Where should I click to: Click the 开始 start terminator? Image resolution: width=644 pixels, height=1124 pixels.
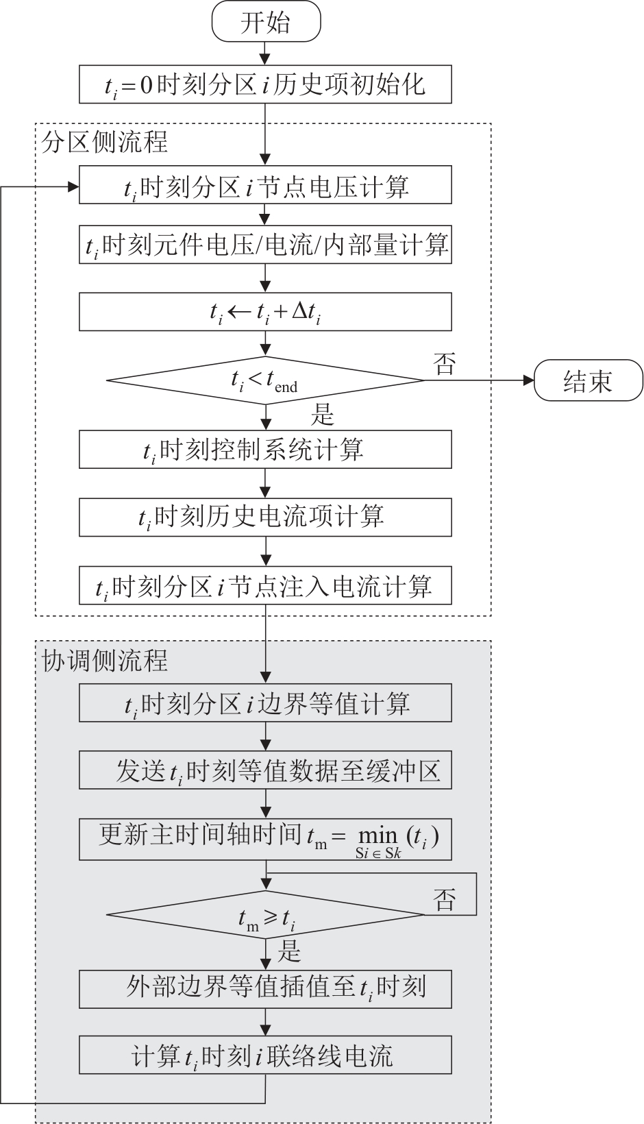point(266,23)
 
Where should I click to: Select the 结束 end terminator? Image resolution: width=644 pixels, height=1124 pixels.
point(589,382)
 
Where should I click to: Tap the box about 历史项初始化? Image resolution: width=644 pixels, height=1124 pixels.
point(266,84)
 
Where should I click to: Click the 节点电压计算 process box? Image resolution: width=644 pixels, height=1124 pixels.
point(266,185)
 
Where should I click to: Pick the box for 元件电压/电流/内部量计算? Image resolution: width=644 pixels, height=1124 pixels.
point(266,245)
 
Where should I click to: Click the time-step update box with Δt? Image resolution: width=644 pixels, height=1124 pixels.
point(266,312)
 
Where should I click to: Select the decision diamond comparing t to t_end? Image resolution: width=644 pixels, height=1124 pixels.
point(266,380)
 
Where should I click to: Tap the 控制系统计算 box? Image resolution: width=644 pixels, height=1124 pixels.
point(266,450)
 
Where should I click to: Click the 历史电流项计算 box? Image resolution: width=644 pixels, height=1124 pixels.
point(266,517)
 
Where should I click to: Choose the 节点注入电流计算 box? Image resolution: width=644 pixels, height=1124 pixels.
point(266,585)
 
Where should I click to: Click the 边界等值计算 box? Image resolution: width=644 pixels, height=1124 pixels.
point(266,703)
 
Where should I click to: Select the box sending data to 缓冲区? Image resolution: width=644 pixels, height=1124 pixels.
point(266,770)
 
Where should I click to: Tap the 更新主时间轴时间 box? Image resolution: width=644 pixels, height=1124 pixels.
point(266,838)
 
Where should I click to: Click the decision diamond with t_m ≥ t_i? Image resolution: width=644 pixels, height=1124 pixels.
point(266,916)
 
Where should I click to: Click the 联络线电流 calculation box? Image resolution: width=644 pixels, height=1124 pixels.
point(266,1055)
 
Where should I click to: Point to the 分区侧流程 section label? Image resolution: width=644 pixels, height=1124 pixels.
point(104,143)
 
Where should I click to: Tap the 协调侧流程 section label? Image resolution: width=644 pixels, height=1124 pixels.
point(104,660)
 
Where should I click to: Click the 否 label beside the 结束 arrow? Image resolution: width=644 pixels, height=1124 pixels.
point(444,364)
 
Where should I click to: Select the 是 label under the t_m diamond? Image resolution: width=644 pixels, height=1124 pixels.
point(290,951)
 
